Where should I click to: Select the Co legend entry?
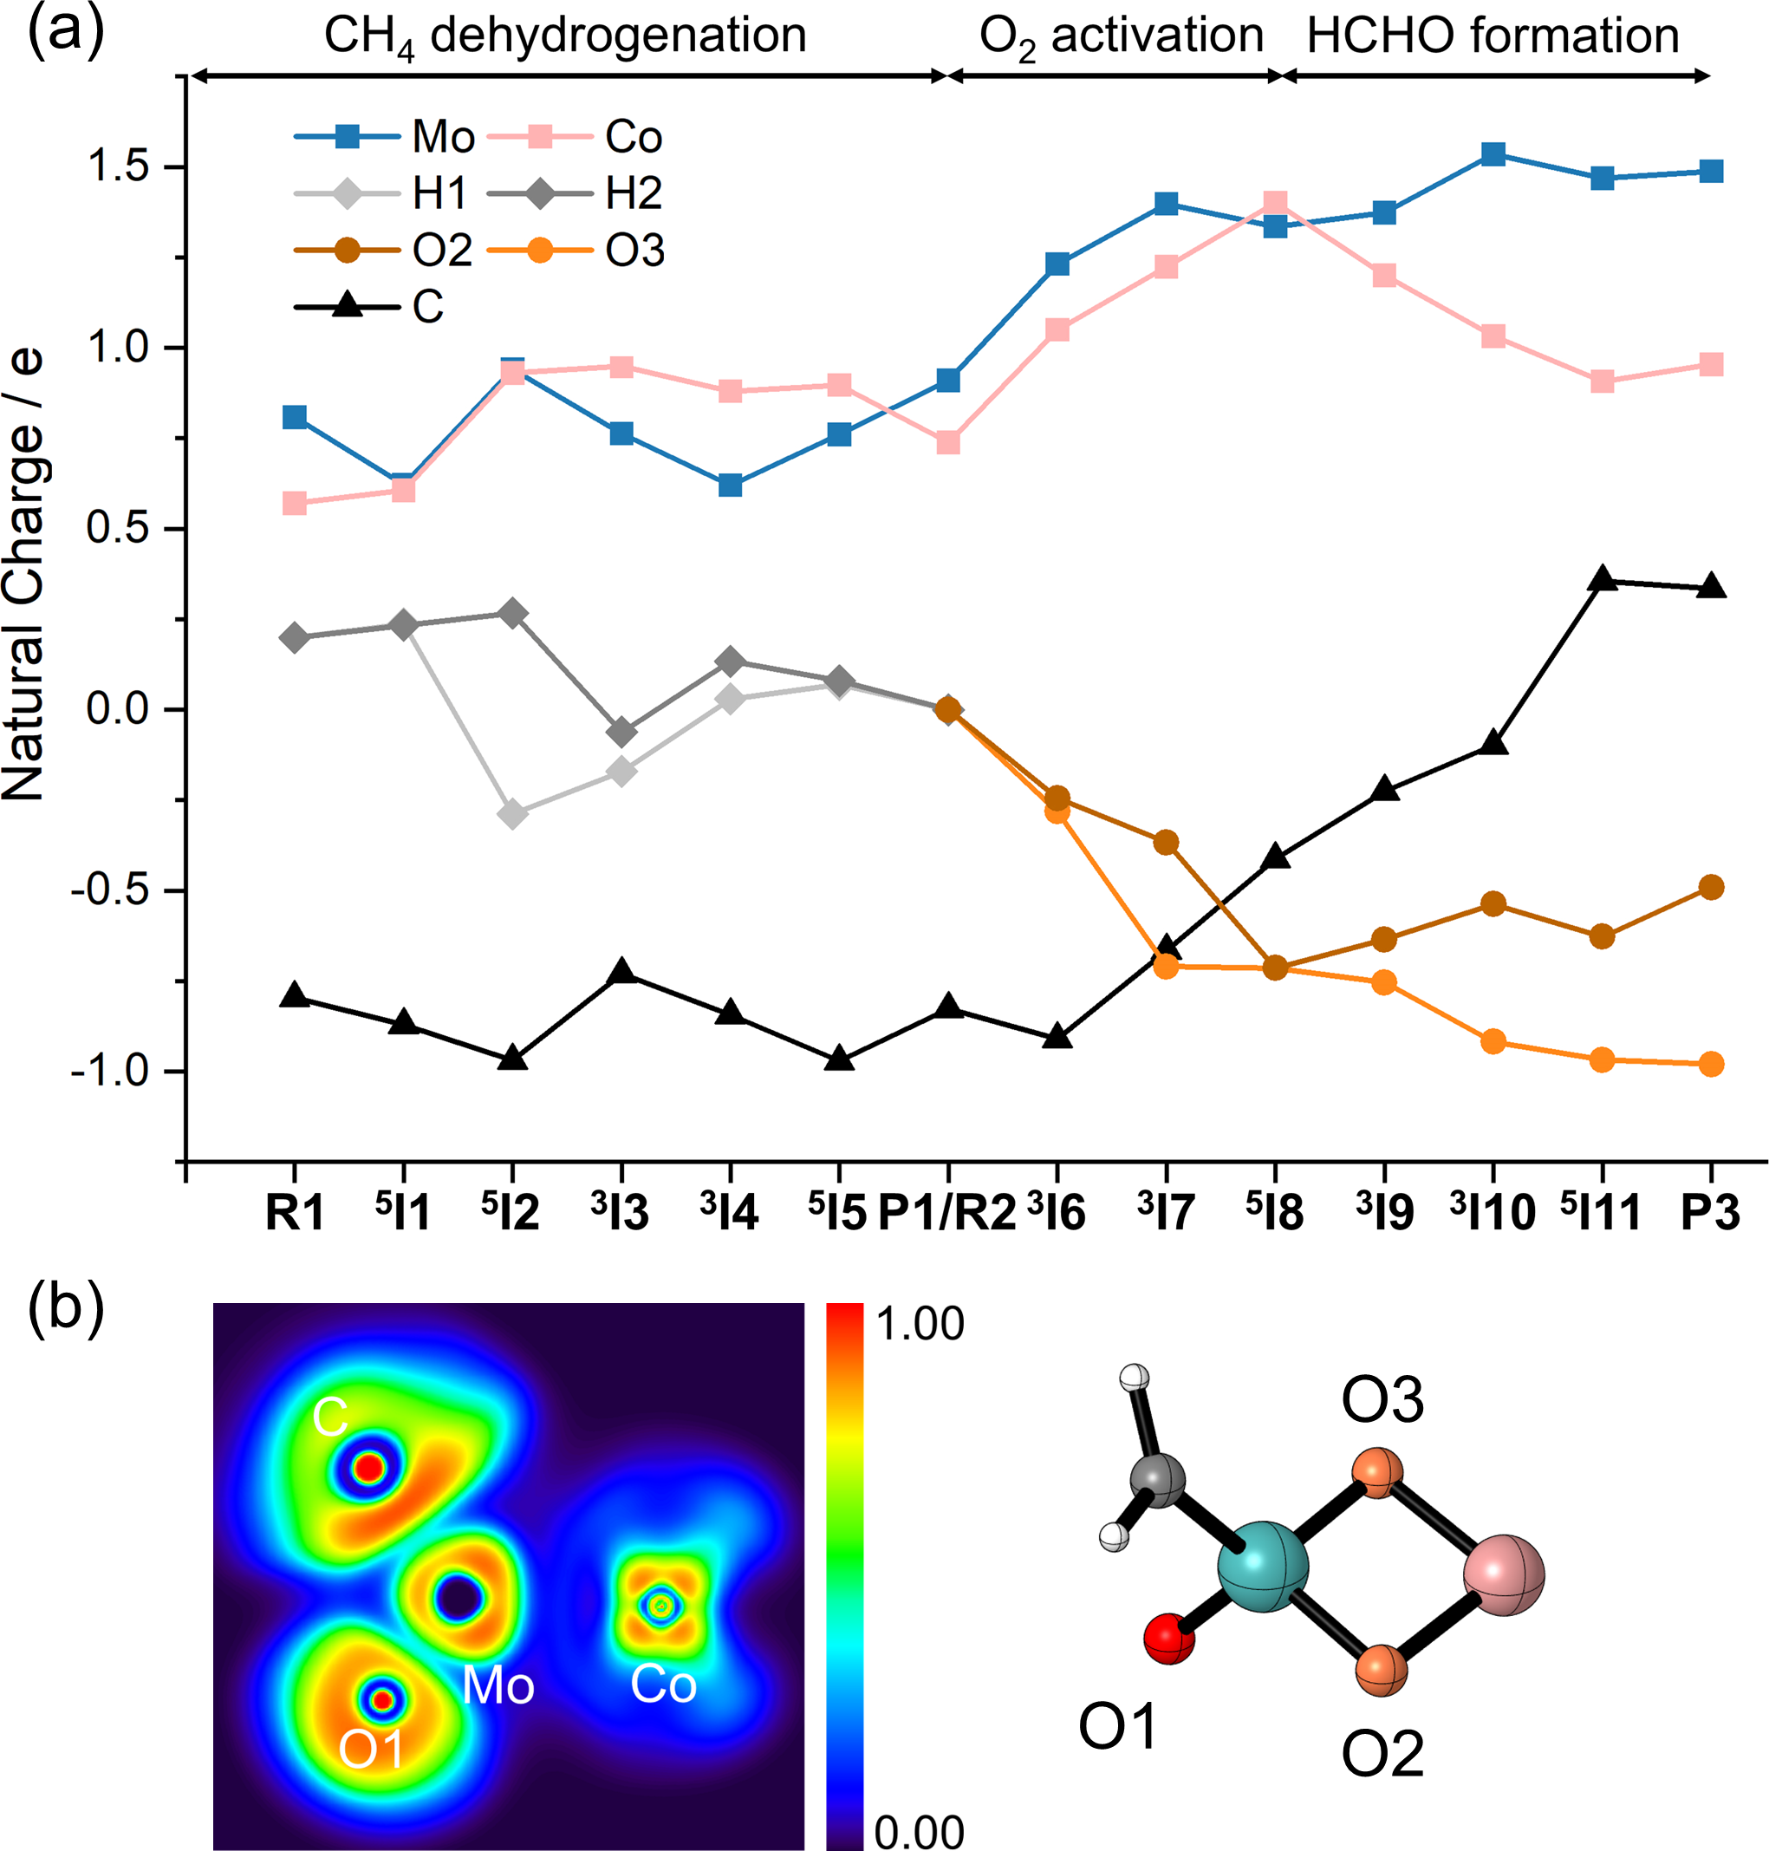click(x=576, y=138)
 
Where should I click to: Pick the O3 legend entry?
click(x=576, y=251)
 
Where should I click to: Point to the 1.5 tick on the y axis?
click(x=118, y=167)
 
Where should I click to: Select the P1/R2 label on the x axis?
click(x=947, y=1213)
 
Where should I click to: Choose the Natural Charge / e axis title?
click(x=23, y=576)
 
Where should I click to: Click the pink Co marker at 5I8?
click(x=1275, y=203)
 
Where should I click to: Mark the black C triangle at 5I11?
click(x=1602, y=580)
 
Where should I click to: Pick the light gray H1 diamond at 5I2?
click(x=512, y=813)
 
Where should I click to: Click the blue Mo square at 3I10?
click(x=1493, y=154)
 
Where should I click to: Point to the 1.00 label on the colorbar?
click(x=920, y=1325)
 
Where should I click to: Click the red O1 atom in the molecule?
click(x=1169, y=1639)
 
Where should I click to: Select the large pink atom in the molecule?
click(x=1504, y=1574)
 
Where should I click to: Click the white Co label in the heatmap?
click(x=663, y=1685)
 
